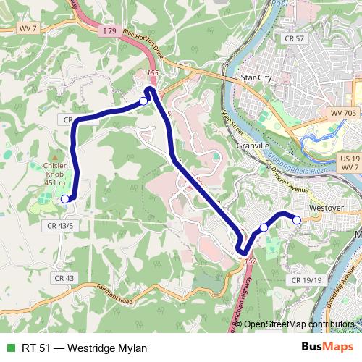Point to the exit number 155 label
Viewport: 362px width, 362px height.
[151, 73]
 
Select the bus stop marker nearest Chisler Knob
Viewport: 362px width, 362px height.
[65, 199]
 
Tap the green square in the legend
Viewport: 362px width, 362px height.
[9, 348]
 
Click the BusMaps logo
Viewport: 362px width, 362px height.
[327, 348]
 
